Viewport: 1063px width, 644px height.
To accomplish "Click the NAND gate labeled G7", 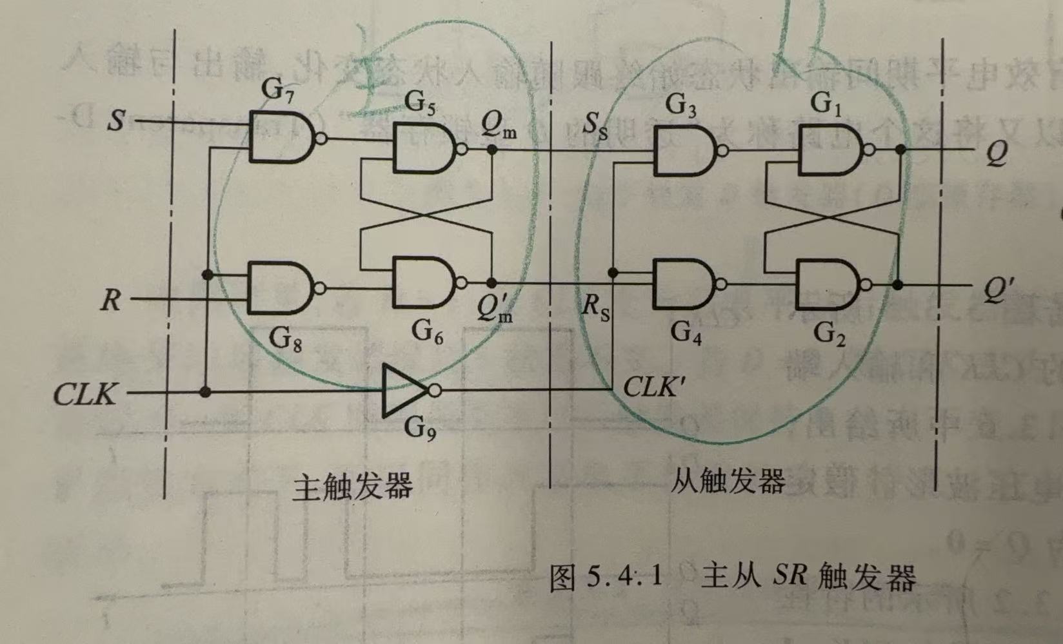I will [281, 137].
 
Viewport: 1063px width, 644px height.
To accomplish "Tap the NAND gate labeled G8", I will [280, 288].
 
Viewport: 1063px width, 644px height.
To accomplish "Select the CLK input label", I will [85, 393].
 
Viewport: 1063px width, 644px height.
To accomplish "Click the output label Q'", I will [996, 289].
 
